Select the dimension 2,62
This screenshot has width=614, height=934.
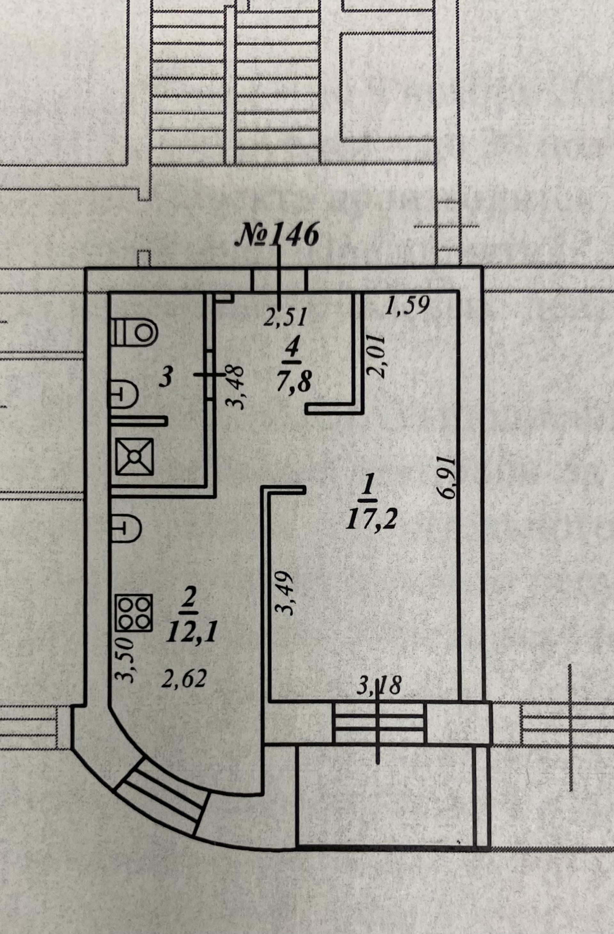pos(184,679)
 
